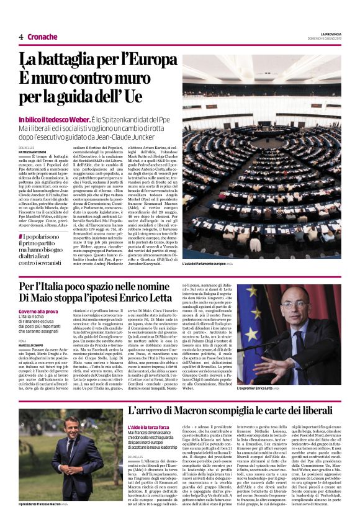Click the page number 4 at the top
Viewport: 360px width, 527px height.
pyautogui.click(x=20, y=37)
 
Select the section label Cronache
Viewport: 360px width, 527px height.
pyautogui.click(x=42, y=37)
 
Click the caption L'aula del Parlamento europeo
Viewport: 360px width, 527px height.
pyautogui.click(x=207, y=263)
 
